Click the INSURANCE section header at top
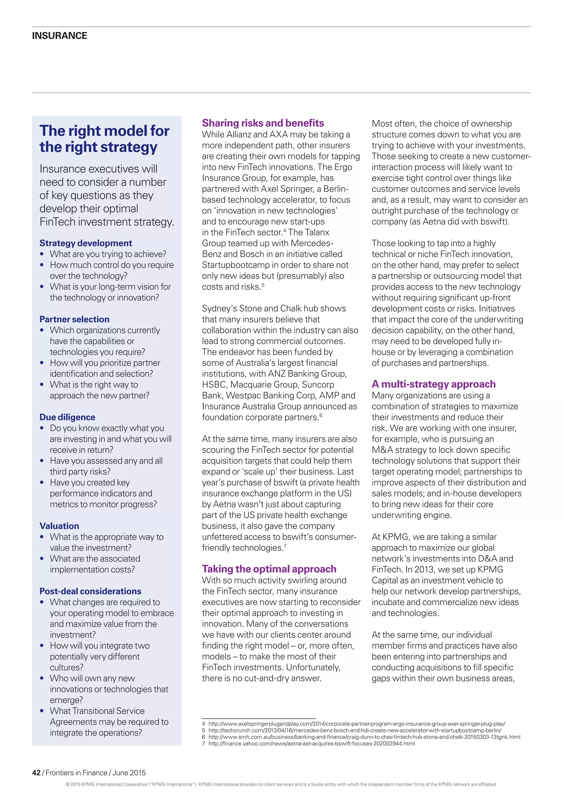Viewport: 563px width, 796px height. point(59,36)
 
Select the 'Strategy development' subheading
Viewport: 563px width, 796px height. point(85,243)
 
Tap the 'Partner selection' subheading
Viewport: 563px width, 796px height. point(74,319)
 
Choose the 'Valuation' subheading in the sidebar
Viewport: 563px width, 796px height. point(59,526)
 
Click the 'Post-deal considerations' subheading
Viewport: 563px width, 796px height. point(90,591)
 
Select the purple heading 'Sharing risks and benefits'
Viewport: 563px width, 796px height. point(263,123)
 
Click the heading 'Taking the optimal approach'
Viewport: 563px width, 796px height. point(269,569)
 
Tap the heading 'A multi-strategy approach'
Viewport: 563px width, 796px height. point(433,384)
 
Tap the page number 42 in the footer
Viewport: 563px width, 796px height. point(36,773)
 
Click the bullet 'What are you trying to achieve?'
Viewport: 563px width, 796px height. point(108,254)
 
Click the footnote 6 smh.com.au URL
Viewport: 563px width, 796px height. point(364,737)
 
